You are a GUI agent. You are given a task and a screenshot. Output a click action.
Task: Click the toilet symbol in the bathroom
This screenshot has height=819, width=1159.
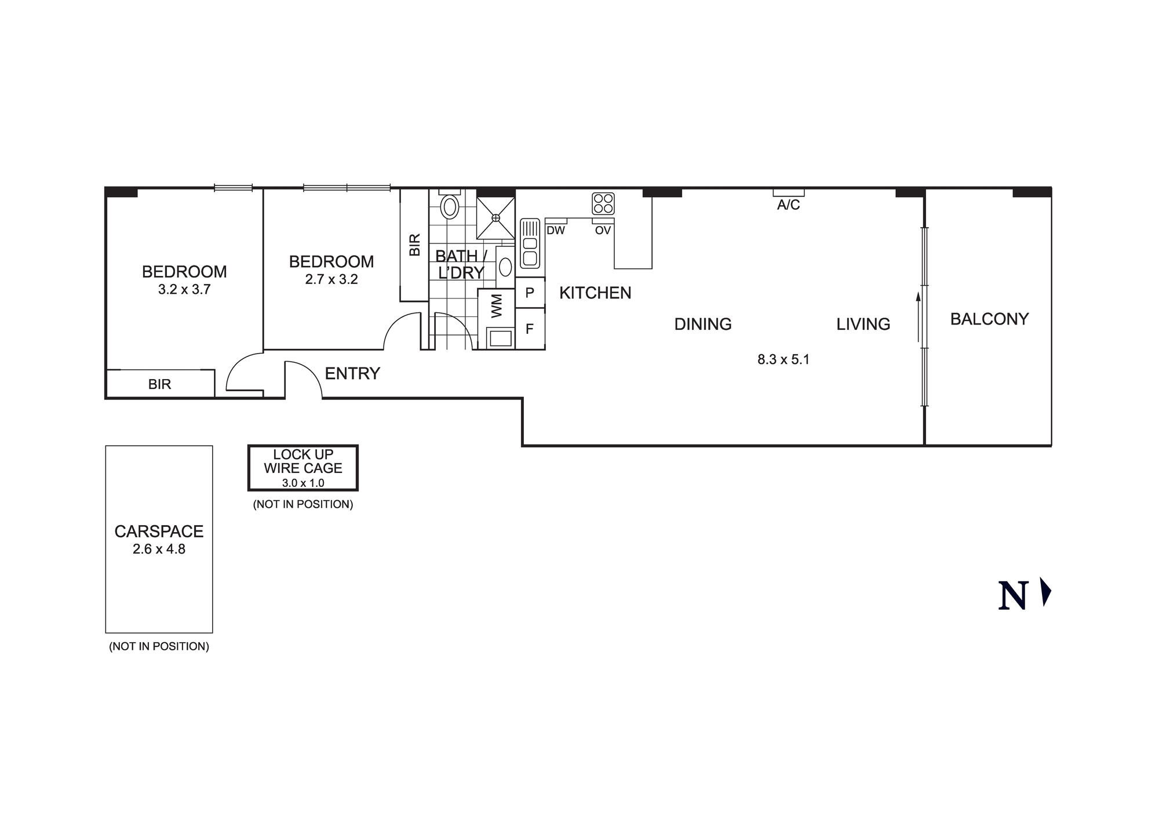click(450, 205)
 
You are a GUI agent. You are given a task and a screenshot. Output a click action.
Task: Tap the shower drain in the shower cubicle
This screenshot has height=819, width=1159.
click(495, 218)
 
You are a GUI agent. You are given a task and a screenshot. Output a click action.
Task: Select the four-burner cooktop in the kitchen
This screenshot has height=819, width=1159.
click(603, 203)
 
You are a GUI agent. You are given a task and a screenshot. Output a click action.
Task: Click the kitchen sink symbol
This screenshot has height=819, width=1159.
click(530, 243)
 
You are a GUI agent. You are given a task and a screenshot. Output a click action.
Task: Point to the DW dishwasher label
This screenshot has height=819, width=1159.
click(556, 231)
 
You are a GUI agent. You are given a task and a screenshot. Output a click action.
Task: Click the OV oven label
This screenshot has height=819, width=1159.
click(603, 231)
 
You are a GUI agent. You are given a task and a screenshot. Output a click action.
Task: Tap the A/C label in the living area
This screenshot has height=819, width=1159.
click(788, 205)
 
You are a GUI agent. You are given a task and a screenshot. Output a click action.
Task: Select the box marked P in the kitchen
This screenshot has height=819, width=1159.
click(530, 293)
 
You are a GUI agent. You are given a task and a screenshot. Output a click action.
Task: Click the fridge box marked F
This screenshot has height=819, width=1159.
click(530, 329)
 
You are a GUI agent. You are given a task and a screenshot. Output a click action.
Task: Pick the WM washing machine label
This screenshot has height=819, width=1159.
click(497, 305)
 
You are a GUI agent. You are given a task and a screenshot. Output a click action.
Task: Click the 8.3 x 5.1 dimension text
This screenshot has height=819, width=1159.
click(783, 359)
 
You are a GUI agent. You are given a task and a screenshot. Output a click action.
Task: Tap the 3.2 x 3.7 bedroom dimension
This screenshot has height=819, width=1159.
click(184, 290)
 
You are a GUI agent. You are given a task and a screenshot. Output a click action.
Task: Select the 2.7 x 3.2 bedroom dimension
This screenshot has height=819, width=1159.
click(331, 279)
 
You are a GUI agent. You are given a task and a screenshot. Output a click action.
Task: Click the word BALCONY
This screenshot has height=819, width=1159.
click(989, 319)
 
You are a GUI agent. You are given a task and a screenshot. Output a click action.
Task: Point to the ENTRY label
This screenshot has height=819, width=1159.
click(352, 374)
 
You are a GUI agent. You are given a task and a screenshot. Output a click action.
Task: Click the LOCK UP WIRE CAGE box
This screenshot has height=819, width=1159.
click(303, 468)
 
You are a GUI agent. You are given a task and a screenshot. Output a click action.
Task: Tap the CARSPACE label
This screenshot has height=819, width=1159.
click(159, 532)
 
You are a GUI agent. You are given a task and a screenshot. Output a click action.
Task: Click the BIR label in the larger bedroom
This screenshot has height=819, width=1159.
click(159, 384)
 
